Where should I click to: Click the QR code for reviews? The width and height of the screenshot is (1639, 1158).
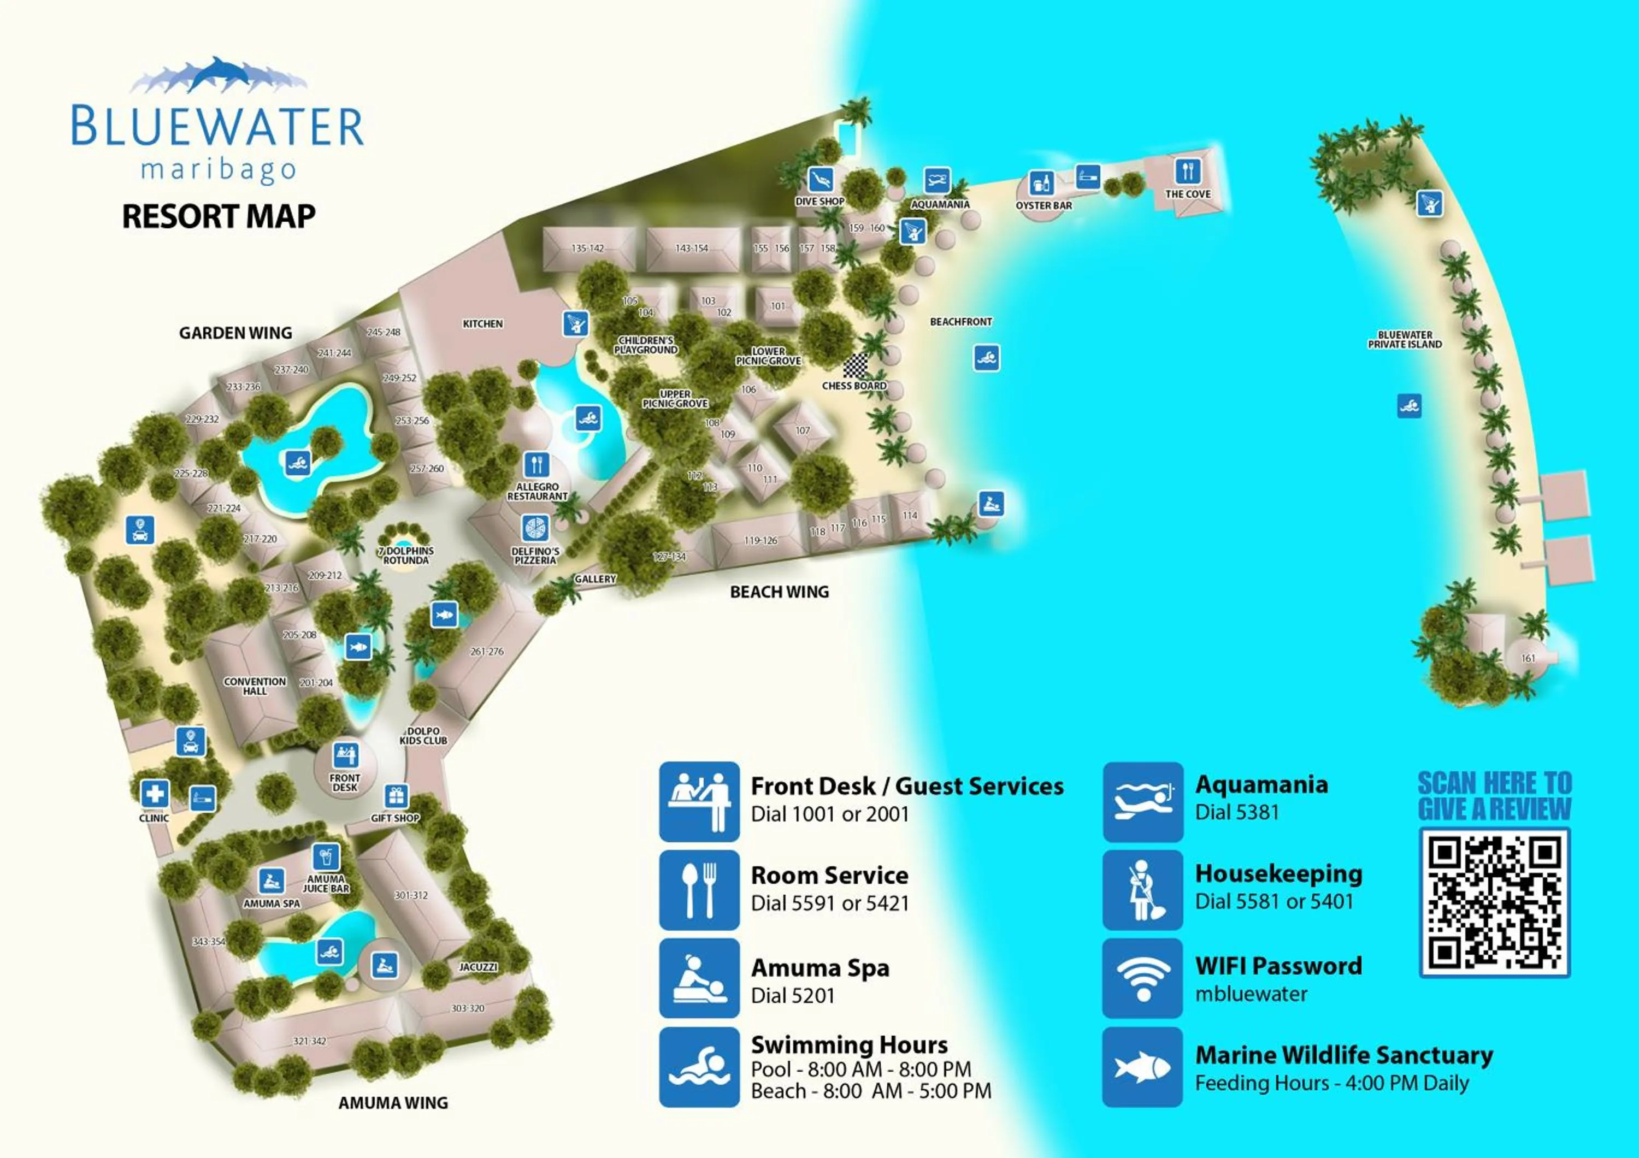1494,902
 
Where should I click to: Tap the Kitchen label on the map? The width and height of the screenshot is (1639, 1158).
482,324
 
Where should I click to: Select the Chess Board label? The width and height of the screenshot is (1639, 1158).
854,386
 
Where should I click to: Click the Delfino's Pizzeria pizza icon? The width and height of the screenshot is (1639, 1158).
535,529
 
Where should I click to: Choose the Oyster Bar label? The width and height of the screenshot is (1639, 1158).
1043,205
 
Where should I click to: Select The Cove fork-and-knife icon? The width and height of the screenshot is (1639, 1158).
1188,171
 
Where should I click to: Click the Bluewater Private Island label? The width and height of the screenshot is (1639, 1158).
1404,340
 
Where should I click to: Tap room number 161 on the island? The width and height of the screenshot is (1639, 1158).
1528,659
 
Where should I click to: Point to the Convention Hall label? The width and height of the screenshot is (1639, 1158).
255,687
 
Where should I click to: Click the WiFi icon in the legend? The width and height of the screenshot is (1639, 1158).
1142,978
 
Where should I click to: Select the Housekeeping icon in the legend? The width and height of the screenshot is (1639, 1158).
1142,890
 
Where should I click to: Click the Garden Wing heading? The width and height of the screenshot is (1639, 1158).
235,333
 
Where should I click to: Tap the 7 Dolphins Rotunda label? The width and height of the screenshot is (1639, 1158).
405,556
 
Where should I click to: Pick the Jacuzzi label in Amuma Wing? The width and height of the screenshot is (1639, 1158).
477,967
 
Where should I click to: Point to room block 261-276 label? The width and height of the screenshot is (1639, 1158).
487,652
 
